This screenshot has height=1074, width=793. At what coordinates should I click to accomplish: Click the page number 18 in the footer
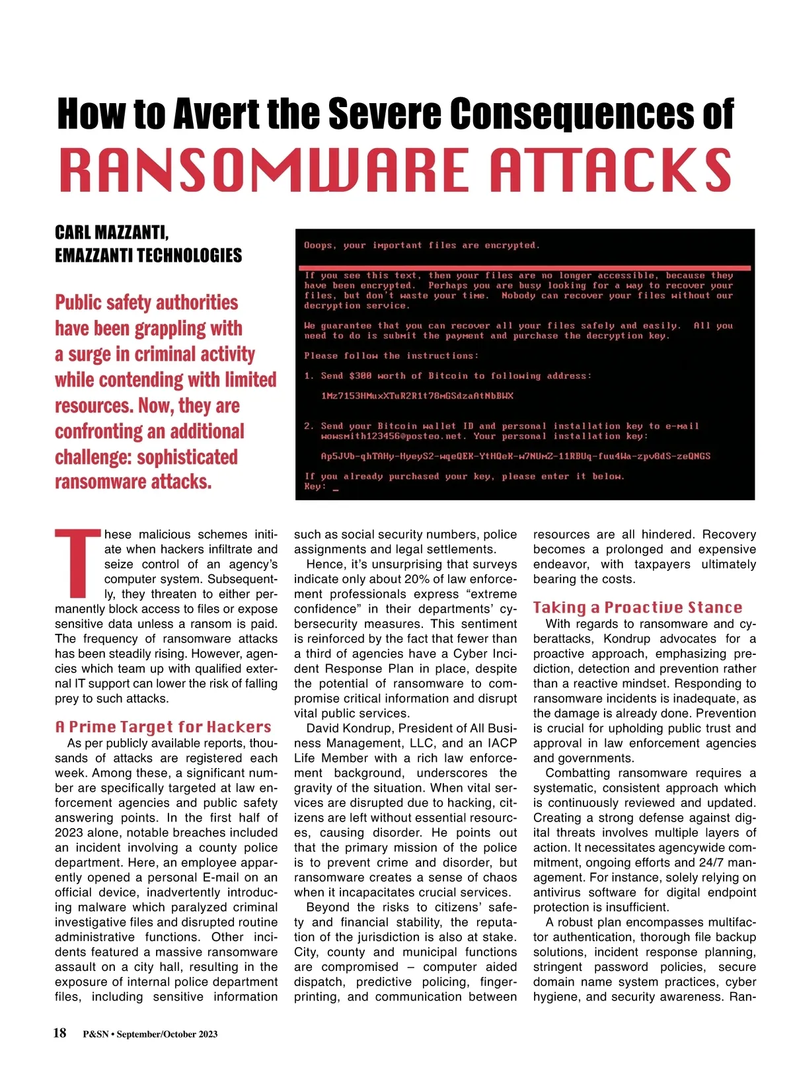point(59,1032)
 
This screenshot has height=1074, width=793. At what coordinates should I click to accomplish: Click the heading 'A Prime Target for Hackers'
point(163,727)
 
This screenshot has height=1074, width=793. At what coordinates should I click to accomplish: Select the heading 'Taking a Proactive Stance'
point(638,607)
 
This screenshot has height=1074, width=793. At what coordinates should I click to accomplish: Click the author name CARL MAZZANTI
point(112,233)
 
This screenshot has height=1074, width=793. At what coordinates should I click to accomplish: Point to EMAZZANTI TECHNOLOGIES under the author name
point(148,256)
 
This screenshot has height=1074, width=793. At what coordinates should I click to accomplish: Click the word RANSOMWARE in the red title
point(265,170)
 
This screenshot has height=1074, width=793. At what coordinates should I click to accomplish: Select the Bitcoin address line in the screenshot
point(417,396)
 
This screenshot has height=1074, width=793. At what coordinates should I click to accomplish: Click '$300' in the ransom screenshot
point(360,376)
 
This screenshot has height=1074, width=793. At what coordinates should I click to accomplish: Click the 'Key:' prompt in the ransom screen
point(315,486)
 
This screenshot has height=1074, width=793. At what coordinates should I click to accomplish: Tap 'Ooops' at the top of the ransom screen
point(319,245)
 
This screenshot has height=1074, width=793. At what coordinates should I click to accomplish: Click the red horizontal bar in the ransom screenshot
point(525,268)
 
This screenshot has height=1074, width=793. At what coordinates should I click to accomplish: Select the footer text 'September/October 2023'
point(167,1034)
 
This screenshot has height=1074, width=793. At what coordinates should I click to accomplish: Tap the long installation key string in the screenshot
point(515,456)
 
